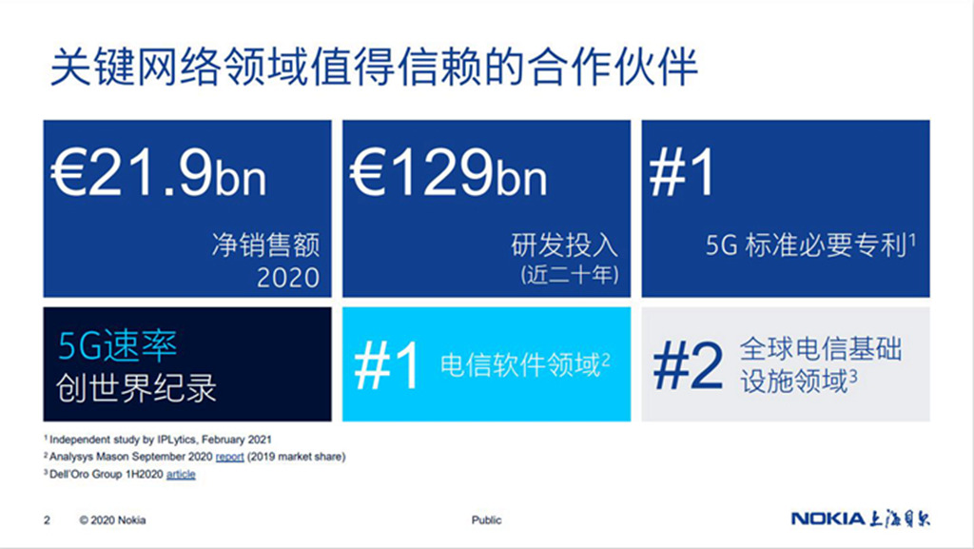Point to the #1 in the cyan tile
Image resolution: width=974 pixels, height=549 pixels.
click(x=386, y=365)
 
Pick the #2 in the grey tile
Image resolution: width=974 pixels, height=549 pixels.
click(x=688, y=365)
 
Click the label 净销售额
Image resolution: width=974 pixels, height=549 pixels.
click(x=266, y=245)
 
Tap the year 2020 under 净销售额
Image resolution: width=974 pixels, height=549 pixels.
click(x=288, y=277)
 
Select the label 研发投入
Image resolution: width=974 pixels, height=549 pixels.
click(x=565, y=245)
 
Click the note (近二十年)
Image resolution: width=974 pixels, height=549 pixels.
click(x=570, y=274)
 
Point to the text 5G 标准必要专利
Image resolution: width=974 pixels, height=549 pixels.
click(x=807, y=245)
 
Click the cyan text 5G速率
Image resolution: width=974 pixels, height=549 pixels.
click(x=117, y=346)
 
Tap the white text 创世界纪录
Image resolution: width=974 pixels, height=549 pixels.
click(x=136, y=387)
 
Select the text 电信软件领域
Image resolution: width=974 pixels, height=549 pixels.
click(x=520, y=365)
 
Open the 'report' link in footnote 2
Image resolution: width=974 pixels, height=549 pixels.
click(x=230, y=457)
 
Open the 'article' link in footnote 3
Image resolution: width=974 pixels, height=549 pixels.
click(x=181, y=475)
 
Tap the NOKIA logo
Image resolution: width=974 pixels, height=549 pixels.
click(x=828, y=519)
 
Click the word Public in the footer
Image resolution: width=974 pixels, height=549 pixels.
click(x=486, y=520)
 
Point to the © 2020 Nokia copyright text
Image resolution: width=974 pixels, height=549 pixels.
click(x=112, y=520)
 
